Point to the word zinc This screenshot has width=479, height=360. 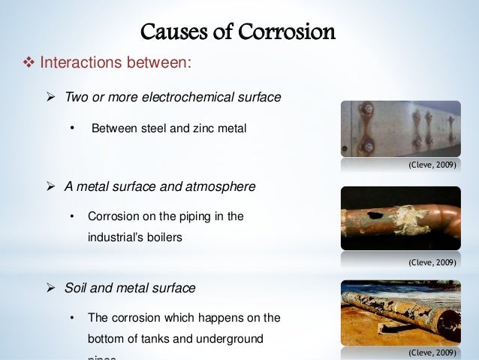coord(197,129)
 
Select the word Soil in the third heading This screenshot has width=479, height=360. coord(77,288)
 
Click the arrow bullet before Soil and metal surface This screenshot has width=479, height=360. coord(52,288)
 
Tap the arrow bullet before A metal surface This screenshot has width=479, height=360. coord(52,186)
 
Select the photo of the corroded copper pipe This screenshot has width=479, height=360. coord(400,219)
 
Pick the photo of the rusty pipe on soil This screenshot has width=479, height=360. coord(400,312)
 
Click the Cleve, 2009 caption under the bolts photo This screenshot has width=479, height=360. coord(432,164)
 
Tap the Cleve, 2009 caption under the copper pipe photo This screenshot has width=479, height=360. coord(432,263)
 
